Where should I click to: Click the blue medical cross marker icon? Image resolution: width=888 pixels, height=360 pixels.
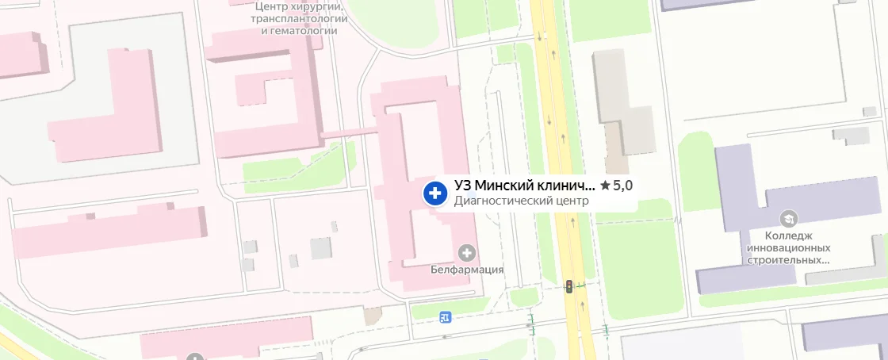point(434,193)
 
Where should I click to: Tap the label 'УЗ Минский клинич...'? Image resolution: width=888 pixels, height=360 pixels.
point(524,186)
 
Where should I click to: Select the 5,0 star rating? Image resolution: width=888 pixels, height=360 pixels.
point(617,186)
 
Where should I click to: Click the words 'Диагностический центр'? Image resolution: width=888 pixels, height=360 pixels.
point(522,201)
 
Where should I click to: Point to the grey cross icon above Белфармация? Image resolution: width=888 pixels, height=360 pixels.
point(467,253)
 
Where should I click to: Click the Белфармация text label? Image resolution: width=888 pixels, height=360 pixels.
point(467,269)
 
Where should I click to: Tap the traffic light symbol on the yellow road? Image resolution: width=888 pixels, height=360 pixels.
point(568,286)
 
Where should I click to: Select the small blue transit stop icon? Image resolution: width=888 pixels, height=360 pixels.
point(445,318)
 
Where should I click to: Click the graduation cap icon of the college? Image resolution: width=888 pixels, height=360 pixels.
point(789,217)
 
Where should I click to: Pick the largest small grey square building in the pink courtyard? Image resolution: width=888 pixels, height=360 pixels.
point(321,248)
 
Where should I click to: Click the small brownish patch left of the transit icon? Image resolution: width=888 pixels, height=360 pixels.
point(372,316)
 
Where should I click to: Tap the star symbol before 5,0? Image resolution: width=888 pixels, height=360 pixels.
point(605,186)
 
